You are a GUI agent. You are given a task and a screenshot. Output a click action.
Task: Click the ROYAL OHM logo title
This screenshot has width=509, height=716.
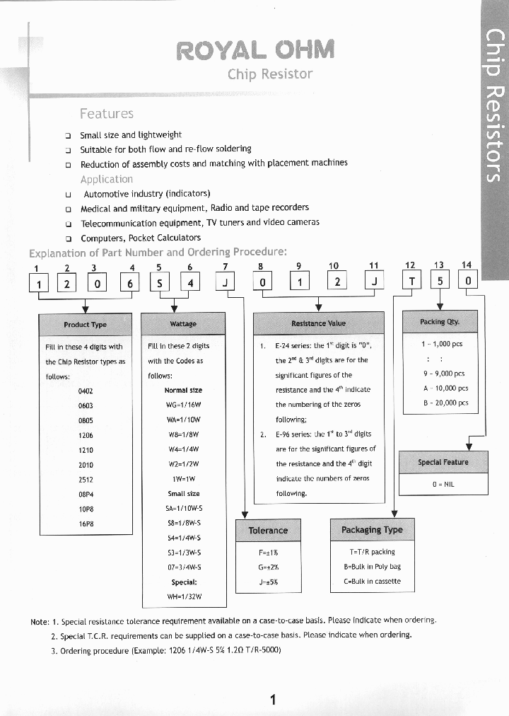[255, 50]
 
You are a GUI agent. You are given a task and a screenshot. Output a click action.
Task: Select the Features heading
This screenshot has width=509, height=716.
[107, 113]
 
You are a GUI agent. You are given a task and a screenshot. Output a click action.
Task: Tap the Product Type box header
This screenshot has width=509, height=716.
[85, 324]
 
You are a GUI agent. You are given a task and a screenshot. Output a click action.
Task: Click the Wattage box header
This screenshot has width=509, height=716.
[183, 324]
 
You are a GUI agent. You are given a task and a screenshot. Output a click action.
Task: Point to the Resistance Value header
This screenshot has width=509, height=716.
[318, 323]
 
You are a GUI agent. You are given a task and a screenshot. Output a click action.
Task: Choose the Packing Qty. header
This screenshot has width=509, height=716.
[439, 321]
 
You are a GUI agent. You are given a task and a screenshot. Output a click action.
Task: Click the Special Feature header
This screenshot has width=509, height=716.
[443, 462]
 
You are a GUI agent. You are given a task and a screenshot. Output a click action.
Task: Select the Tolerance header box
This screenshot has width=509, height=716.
[268, 530]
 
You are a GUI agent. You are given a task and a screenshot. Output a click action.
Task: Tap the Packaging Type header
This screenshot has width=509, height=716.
[372, 529]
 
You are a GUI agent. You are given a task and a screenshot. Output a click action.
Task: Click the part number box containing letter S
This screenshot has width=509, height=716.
[159, 283]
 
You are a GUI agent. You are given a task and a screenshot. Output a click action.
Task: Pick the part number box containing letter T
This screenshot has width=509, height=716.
[410, 281]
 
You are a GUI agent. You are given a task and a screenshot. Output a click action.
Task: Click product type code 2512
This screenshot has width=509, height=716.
[86, 479]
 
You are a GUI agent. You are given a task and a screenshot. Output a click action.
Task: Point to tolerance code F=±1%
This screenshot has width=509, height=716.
[269, 552]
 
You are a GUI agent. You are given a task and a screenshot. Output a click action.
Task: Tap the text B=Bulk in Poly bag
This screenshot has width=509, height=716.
[373, 567]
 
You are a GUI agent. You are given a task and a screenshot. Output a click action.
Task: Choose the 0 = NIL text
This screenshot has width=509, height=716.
[443, 485]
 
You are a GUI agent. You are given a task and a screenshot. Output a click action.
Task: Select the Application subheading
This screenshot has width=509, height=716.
[106, 179]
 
